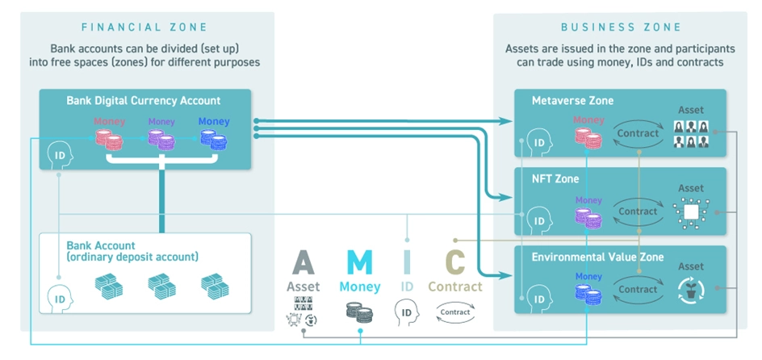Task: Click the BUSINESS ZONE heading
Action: click(x=622, y=27)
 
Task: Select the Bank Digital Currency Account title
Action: click(x=143, y=101)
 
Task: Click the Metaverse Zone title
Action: click(x=572, y=101)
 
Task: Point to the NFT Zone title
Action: click(x=556, y=179)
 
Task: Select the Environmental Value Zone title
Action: click(x=597, y=257)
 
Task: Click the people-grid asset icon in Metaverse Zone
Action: click(x=691, y=133)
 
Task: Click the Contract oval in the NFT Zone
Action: click(x=638, y=211)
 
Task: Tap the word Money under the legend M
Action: click(x=359, y=287)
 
